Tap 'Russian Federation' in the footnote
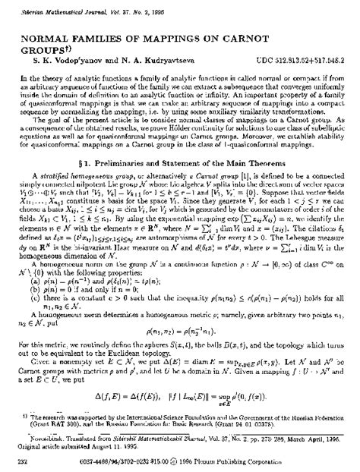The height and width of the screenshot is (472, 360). pos(319,420)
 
